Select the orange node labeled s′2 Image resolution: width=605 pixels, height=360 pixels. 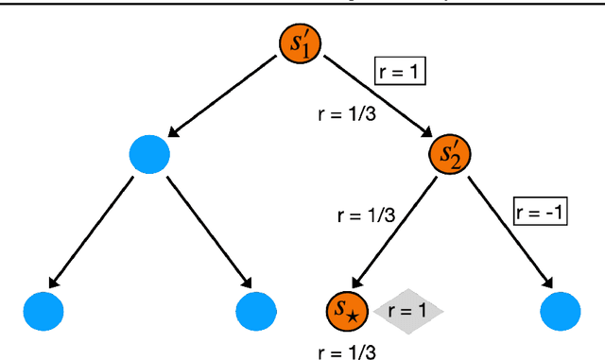click(x=449, y=153)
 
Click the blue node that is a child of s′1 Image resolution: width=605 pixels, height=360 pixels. click(x=148, y=153)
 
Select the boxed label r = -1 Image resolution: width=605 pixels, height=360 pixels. click(x=539, y=212)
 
